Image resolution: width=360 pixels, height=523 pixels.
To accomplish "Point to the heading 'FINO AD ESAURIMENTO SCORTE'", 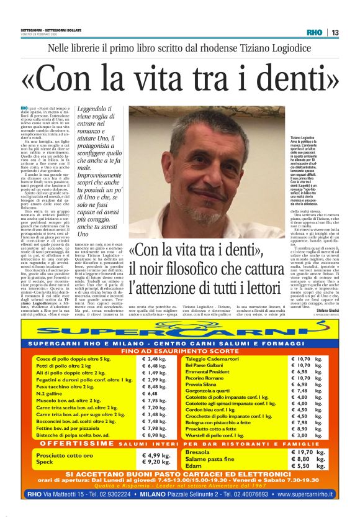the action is pos(180,351).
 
